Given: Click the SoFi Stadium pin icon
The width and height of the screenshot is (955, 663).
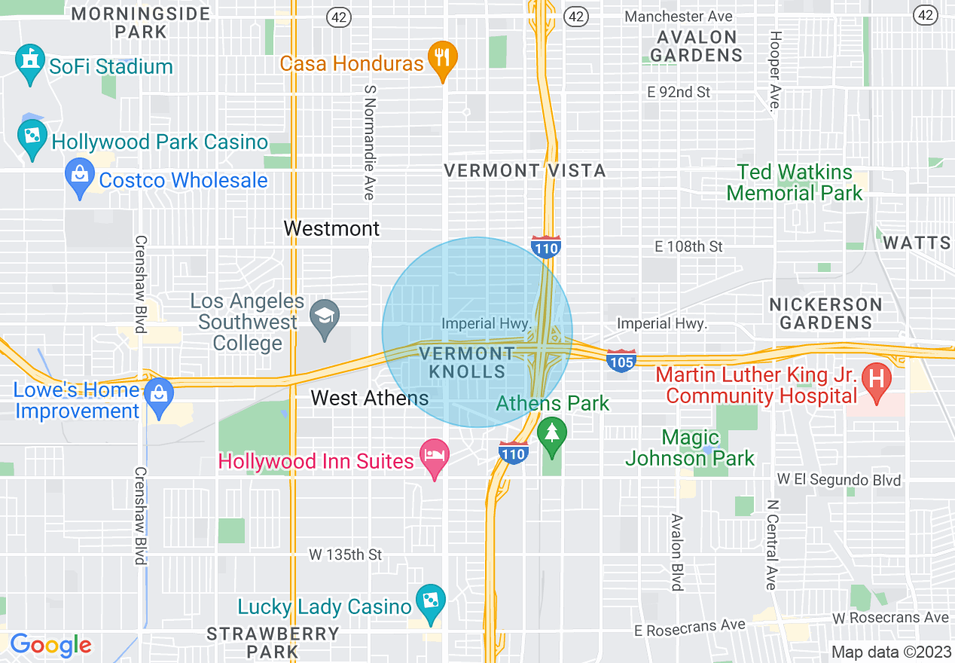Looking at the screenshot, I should point(29,63).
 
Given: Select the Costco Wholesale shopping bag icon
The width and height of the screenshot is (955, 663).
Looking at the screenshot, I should point(80,177).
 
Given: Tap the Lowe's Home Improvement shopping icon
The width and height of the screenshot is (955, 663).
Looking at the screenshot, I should point(158,397).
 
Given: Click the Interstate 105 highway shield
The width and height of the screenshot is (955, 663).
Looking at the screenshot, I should point(621,360).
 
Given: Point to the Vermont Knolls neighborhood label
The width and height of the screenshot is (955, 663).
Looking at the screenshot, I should point(467,362).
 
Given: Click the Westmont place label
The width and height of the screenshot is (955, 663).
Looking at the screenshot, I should point(331,228).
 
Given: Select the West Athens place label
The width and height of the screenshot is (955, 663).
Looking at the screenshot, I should point(370,398).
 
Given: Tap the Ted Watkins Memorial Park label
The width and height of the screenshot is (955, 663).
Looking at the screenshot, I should point(795,183).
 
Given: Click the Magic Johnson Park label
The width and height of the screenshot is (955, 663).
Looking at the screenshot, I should point(690,448).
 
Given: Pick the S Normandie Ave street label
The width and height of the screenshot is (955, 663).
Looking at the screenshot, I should point(369,142).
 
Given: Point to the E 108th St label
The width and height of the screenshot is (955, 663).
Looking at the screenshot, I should point(688,246).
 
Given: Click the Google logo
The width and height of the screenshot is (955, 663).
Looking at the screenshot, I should point(50,645).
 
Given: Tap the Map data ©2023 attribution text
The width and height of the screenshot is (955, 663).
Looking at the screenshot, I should point(890,651).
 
